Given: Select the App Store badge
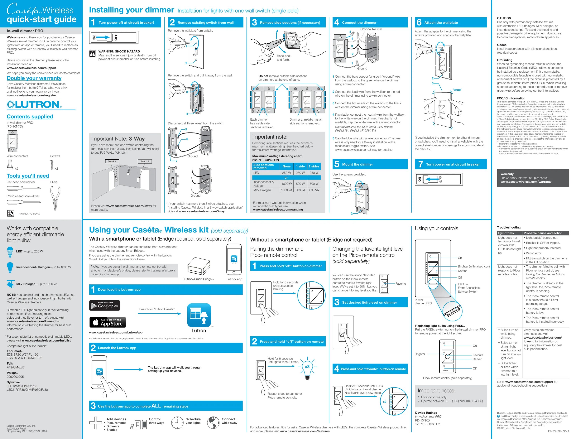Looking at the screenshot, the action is (x=107, y=322).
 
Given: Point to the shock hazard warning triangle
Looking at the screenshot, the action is (x=93, y=54).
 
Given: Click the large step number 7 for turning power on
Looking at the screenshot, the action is (x=420, y=164).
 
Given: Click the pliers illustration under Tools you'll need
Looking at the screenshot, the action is (x=55, y=197).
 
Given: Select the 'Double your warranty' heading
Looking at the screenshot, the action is (x=34, y=78).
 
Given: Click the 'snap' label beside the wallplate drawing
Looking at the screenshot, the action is (x=457, y=90).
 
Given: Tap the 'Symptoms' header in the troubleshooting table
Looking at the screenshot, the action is (x=506, y=233).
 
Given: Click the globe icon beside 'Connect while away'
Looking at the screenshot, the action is (x=213, y=422).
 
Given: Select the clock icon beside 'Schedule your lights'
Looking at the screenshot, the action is (x=177, y=422).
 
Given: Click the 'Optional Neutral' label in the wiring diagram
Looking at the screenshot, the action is (x=371, y=29).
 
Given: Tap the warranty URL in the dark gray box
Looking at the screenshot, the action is (x=526, y=182).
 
